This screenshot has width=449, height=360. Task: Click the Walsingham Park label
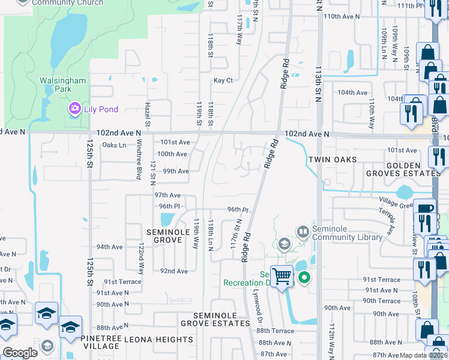click(x=62, y=85)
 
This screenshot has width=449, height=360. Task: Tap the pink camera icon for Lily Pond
click(x=75, y=109)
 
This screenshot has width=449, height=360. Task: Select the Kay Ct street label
click(x=223, y=80)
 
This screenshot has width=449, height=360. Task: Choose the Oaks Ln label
click(x=114, y=145)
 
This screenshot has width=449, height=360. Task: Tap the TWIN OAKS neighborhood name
click(x=333, y=160)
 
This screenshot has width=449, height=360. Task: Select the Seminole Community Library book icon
click(x=303, y=231)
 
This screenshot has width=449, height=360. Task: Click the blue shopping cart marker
click(x=281, y=277)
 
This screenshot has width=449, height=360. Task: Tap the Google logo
click(x=20, y=353)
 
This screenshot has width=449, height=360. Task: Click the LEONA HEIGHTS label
click(x=158, y=340)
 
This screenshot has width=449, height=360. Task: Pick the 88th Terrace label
click(x=276, y=331)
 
